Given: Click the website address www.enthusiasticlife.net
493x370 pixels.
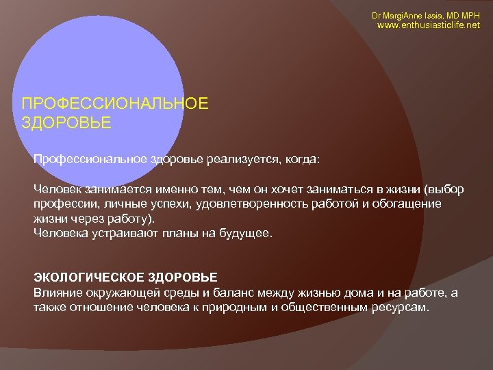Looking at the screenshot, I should (429, 26).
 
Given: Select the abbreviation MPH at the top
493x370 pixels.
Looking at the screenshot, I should (470, 15).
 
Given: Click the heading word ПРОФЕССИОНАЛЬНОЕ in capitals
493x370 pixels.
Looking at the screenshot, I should (114, 103).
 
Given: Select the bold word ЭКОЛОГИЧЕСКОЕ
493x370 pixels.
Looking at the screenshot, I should (86, 277).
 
